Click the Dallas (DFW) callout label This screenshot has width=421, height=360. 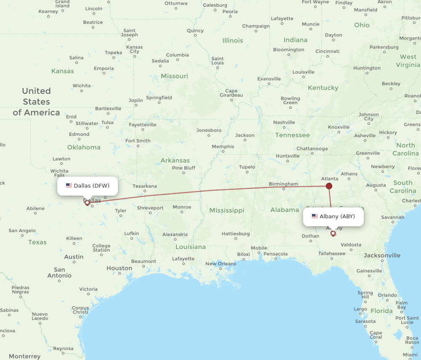click(x=88, y=185)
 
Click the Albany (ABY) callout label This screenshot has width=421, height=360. click(x=333, y=217)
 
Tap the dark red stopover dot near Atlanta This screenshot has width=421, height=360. click(x=329, y=186)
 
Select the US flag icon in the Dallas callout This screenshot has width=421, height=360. click(x=69, y=185)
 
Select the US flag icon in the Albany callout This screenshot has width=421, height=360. click(x=315, y=217)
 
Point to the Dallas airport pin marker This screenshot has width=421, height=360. click(x=87, y=203)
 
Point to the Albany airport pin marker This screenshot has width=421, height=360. click(x=333, y=233)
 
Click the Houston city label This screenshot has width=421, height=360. click(x=119, y=268)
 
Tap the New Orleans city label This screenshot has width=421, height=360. click(x=221, y=264)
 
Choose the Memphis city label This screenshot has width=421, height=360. click(x=223, y=146)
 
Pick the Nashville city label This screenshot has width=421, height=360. click(x=284, y=122)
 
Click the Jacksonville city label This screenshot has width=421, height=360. click(x=382, y=255)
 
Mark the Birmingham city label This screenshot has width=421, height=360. click(x=283, y=184)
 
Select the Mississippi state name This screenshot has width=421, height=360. click(x=226, y=210)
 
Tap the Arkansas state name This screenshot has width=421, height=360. click(x=175, y=160)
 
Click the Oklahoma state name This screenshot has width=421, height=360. click(x=84, y=147)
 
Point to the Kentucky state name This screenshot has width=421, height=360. click(x=323, y=88)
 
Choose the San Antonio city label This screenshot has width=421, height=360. click(x=59, y=273)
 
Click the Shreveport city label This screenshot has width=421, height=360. click(x=150, y=208)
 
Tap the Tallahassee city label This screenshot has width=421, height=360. click(x=332, y=254)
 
